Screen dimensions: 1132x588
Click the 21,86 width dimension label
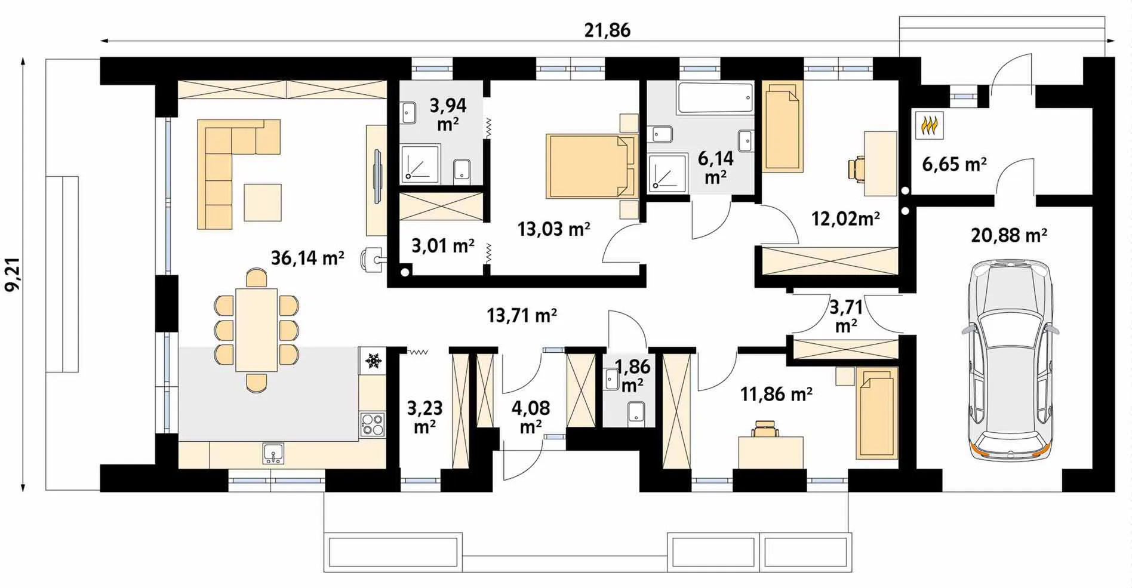607,30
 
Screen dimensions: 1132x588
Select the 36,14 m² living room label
307,258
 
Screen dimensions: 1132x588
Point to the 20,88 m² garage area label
1009,235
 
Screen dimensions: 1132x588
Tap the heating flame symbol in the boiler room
930,126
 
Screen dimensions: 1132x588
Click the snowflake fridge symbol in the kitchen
374,361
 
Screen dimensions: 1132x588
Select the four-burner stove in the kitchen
373,424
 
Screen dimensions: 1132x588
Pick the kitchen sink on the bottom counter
273,454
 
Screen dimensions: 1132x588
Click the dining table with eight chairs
257,330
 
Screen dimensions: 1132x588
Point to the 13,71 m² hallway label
522,315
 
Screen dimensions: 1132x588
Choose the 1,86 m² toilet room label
632,375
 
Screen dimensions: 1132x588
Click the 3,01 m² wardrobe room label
443,245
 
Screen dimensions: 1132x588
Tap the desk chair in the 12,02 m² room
856,168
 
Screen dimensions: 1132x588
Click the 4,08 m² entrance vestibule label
531,417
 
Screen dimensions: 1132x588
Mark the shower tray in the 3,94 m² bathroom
420,164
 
